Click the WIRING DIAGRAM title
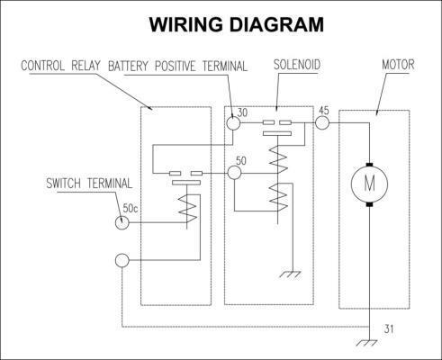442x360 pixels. (237, 24)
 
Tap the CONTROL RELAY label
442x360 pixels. (60, 66)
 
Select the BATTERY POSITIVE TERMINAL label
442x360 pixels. (177, 66)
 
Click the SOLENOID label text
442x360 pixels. (297, 65)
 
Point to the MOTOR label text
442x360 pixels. (398, 65)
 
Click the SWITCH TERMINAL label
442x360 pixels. (89, 184)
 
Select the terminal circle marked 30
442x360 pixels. (233, 122)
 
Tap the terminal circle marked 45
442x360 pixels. (322, 122)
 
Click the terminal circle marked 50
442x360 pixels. (234, 173)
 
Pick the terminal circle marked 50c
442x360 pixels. (122, 222)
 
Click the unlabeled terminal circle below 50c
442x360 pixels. (122, 260)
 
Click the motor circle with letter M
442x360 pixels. (369, 184)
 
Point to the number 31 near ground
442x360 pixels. (389, 329)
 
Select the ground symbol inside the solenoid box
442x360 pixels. (291, 274)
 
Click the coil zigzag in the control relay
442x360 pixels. (187, 209)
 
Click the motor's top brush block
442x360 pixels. (369, 165)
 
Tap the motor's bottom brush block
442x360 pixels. (369, 204)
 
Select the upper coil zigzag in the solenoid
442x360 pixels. (278, 159)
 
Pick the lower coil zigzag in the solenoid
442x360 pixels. (278, 197)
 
